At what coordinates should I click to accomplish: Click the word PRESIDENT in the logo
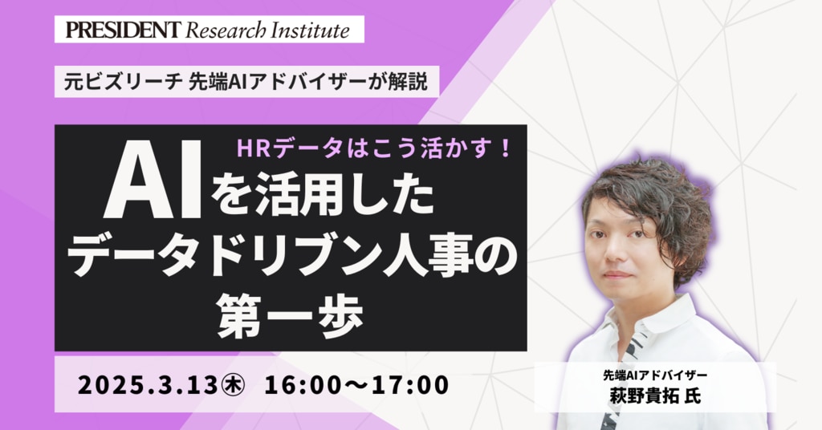click(x=123, y=30)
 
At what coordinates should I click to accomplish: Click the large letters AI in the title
click(x=153, y=179)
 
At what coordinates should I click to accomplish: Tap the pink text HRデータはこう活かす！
click(x=374, y=149)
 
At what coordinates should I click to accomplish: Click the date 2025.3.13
click(x=148, y=385)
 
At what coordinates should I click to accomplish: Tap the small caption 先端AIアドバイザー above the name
click(x=655, y=375)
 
